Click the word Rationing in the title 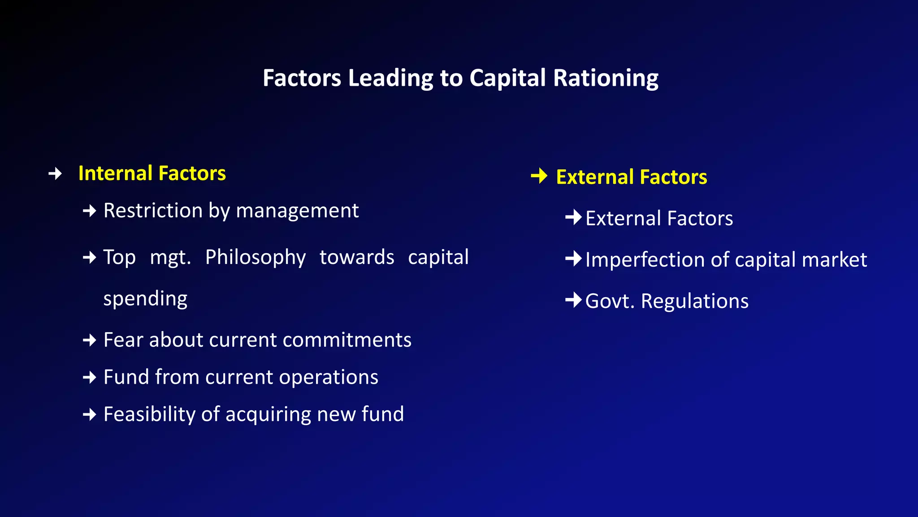pyautogui.click(x=606, y=78)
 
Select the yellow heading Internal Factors pyautogui.click(x=152, y=173)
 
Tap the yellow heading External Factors pyautogui.click(x=631, y=177)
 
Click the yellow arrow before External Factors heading pyautogui.click(x=539, y=176)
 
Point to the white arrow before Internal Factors pyautogui.click(x=55, y=173)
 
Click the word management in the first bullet pyautogui.click(x=297, y=210)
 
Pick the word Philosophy pyautogui.click(x=255, y=257)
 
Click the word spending pyautogui.click(x=145, y=299)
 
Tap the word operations pyautogui.click(x=329, y=377)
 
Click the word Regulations pyautogui.click(x=694, y=301)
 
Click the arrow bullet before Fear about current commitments pyautogui.click(x=90, y=340)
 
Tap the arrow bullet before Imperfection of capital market pyautogui.click(x=573, y=258)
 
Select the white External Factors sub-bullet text pyautogui.click(x=659, y=219)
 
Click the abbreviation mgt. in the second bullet pyautogui.click(x=170, y=258)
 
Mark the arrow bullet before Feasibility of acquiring pyautogui.click(x=90, y=414)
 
